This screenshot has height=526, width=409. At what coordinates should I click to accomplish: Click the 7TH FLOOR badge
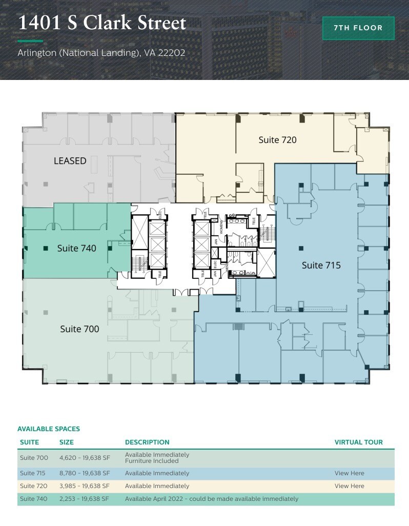tap(358, 28)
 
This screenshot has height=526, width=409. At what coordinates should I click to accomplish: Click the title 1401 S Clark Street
tap(102, 23)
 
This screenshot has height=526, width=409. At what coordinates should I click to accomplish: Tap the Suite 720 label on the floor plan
tap(277, 139)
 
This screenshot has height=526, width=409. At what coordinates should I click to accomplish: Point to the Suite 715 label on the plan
tap(321, 265)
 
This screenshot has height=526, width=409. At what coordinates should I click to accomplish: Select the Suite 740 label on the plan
tap(76, 248)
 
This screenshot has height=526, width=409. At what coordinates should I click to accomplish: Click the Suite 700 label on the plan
tap(79, 329)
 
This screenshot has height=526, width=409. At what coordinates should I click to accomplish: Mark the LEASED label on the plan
tap(70, 161)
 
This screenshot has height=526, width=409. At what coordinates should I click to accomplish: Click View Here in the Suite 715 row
tap(349, 473)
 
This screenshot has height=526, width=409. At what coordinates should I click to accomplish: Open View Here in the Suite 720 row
tap(349, 486)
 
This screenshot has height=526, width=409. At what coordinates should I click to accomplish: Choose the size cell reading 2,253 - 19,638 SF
tap(85, 499)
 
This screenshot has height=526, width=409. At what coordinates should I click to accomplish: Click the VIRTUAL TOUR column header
tap(358, 442)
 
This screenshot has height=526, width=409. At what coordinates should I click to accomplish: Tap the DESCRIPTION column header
tap(147, 442)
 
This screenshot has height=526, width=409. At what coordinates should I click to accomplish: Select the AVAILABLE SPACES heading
tap(49, 429)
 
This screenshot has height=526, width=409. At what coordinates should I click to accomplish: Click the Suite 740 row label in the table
tap(34, 499)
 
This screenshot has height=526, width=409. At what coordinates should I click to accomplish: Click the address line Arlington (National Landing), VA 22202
tap(101, 53)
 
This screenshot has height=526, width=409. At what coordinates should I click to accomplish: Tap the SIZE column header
tap(67, 442)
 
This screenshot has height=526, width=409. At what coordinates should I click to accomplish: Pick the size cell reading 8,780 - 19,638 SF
tap(85, 473)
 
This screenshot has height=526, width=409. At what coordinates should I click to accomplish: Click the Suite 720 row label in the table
tap(34, 486)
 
